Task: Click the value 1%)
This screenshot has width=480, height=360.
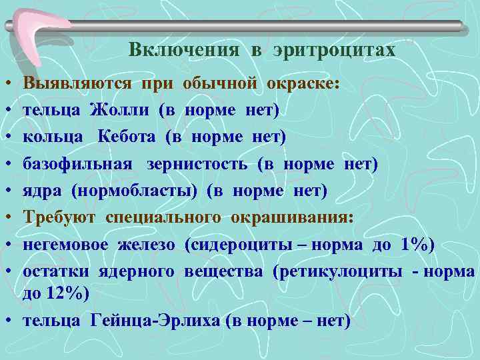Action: click(417, 245)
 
